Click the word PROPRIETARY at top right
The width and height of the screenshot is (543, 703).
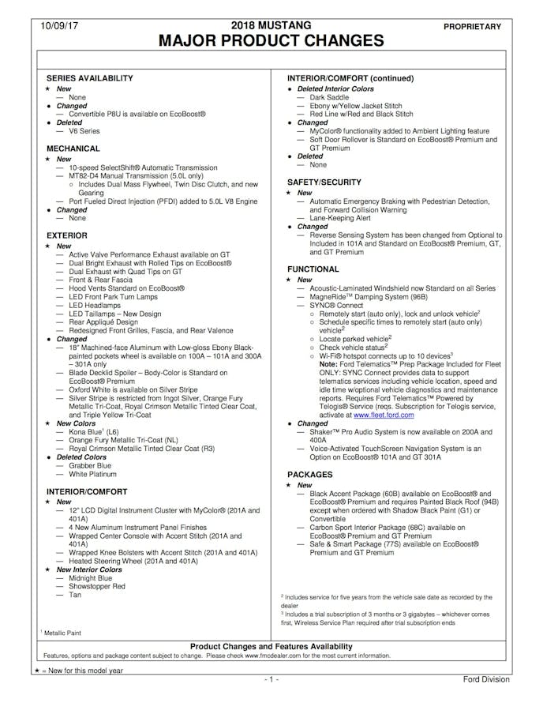coord(472,27)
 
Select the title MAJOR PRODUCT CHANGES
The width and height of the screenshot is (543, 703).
coord(271,41)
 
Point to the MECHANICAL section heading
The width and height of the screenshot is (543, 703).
coord(73,148)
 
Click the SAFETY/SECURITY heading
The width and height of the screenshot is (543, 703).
coord(324,182)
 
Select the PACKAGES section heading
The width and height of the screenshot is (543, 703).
coord(310,475)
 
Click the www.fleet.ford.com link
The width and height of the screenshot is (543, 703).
coord(384,414)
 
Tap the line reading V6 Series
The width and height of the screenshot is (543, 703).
coord(85,131)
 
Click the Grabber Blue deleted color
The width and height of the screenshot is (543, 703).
coord(90,466)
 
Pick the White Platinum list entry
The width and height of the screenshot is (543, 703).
coord(92,475)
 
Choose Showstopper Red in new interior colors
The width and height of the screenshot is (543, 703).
coord(96,587)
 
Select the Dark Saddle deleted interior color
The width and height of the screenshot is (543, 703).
coord(329,97)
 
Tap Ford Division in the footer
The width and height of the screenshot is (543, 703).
coord(485,680)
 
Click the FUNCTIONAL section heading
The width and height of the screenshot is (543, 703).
coord(313,269)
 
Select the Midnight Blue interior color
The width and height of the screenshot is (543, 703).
coord(91,578)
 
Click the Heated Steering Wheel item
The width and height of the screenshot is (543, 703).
coord(133,561)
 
